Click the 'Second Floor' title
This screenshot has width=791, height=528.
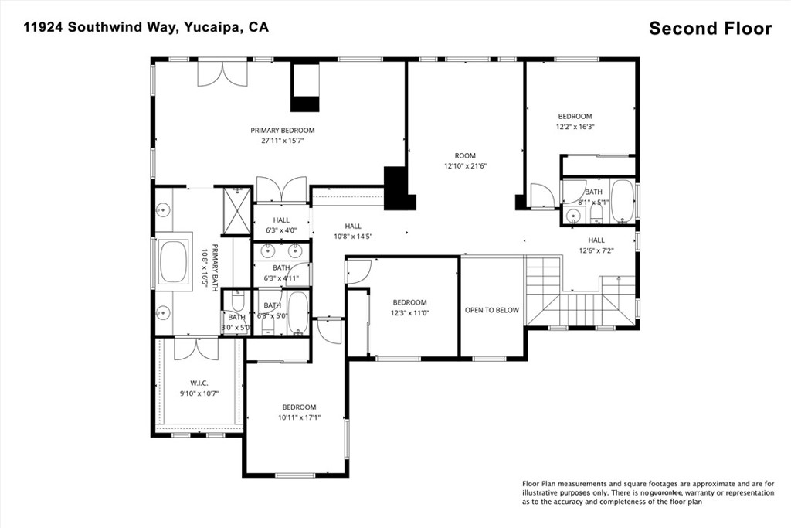[711, 29]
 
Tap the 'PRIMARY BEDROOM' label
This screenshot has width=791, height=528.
[283, 130]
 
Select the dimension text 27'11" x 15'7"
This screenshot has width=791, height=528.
[283, 141]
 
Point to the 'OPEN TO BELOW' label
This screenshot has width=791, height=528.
[492, 310]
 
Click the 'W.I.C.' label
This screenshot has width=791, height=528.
[199, 383]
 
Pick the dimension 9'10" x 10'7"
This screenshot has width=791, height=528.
[199, 393]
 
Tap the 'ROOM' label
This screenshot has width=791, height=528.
[465, 155]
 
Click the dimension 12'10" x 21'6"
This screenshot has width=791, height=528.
[465, 165]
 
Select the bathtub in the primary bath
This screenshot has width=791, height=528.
[174, 262]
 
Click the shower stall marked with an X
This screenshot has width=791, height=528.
[236, 210]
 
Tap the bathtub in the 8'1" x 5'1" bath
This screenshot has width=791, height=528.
[623, 202]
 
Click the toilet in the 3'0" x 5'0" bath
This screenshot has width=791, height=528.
[238, 301]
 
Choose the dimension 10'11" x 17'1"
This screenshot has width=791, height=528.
[299, 417]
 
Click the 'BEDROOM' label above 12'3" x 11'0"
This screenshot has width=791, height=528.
[409, 302]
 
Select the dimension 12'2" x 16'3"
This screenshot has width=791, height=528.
[575, 127]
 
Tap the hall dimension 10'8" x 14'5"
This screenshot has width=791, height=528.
[353, 237]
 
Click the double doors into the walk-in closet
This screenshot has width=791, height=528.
[196, 349]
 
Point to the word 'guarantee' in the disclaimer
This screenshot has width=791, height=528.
[666, 492]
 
